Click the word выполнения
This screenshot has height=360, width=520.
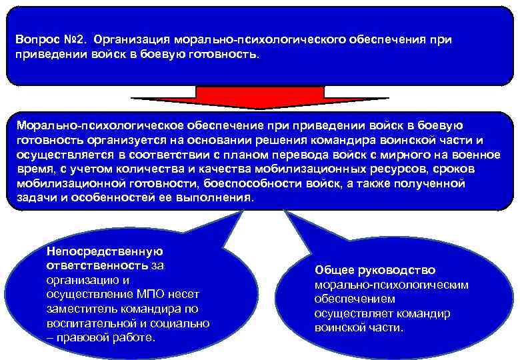coord(217,198)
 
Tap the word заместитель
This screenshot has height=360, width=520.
coord(77,309)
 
